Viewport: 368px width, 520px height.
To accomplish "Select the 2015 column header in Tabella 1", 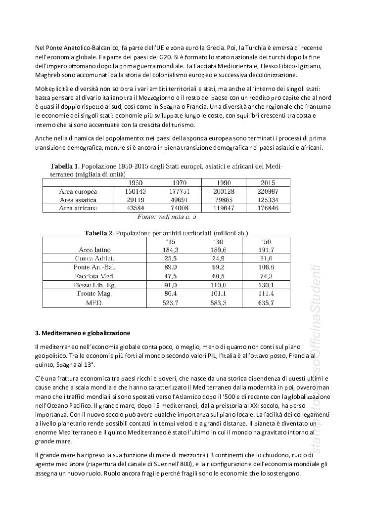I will click(x=267, y=182).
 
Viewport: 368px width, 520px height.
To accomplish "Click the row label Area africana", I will click(x=78, y=208).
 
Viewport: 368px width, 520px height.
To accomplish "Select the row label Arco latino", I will click(x=94, y=250).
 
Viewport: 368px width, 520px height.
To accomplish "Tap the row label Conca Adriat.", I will click(x=94, y=259).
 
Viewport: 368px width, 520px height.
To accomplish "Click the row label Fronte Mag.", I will click(x=94, y=294).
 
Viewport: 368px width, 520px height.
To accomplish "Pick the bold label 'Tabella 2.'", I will click(x=99, y=233).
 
